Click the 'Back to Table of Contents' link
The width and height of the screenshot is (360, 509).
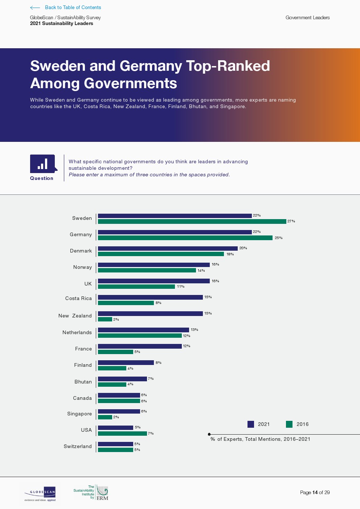73,7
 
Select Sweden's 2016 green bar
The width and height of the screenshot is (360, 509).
192,221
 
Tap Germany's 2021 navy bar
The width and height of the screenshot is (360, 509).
175,232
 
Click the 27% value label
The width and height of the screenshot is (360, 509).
291,221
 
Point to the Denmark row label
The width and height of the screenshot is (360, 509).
81,251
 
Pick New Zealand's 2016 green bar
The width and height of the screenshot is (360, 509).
105,319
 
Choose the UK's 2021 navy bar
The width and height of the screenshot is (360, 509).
154,281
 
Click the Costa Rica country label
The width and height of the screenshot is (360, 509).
78,299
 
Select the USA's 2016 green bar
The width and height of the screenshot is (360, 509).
122,433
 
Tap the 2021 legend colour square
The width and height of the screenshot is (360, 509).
251,424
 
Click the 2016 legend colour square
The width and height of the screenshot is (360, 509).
289,424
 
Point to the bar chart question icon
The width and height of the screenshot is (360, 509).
43,164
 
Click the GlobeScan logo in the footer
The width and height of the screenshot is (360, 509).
40,494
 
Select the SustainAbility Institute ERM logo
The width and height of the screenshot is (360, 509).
91,493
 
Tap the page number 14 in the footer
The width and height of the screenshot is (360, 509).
315,492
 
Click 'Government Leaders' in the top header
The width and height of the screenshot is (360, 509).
307,17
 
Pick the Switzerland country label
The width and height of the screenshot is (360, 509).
78,447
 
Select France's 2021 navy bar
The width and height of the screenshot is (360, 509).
140,346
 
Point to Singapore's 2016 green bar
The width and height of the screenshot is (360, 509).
105,417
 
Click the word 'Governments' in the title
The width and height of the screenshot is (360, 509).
130,83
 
